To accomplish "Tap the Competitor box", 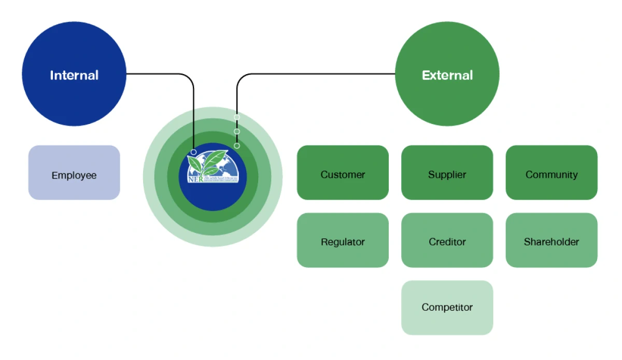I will point(447,308).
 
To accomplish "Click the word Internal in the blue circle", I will point(74,75).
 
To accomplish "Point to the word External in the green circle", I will point(447,75).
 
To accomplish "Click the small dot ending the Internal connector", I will point(193,152).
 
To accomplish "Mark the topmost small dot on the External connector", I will point(237,117).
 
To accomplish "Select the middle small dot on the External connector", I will point(237,131).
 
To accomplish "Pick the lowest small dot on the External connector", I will point(237,146).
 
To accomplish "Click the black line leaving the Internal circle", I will point(155,74).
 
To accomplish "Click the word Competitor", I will point(447,307).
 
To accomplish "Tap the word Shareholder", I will point(552,242).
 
